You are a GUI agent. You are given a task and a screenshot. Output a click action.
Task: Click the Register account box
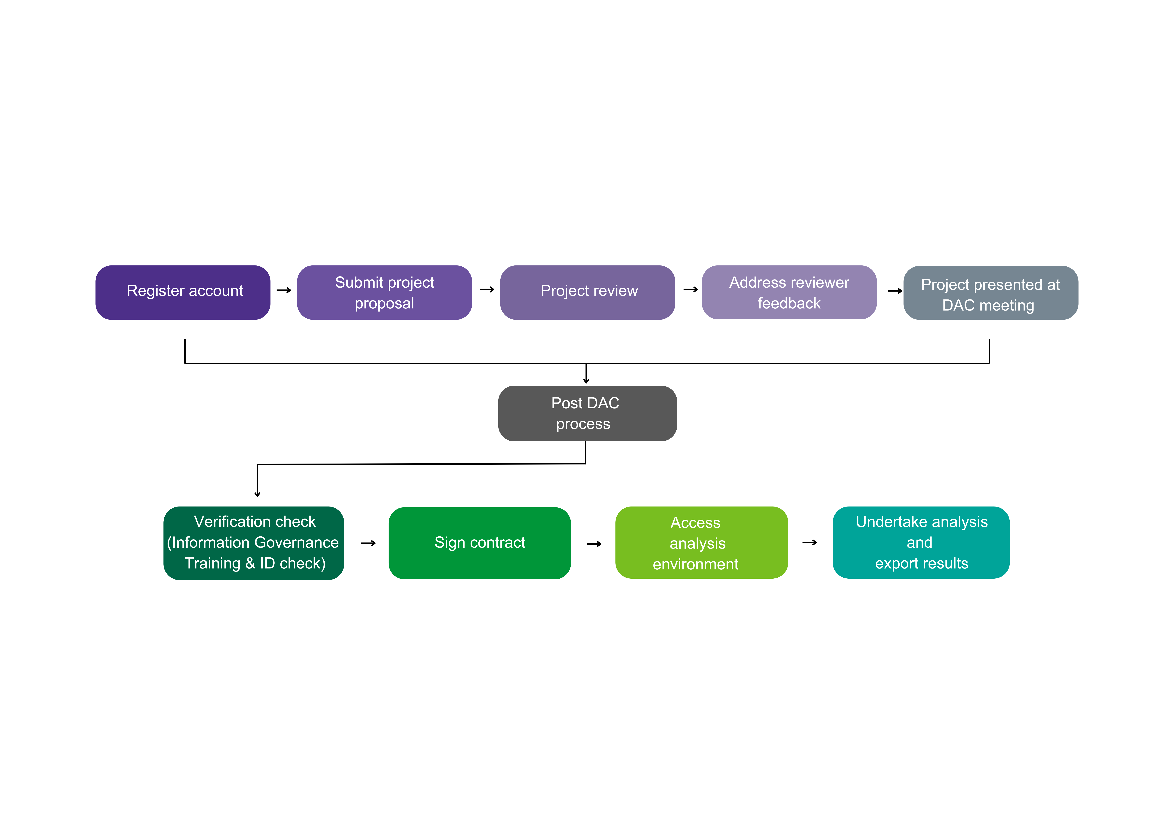click(x=183, y=292)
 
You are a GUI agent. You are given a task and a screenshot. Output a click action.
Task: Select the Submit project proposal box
click(x=384, y=292)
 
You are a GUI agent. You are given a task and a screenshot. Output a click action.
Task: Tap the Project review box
click(x=587, y=292)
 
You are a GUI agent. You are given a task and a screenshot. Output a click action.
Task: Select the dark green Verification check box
click(x=254, y=543)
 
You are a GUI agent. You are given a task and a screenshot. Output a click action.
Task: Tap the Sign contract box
click(x=479, y=543)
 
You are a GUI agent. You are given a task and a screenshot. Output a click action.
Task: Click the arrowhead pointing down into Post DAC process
click(x=586, y=379)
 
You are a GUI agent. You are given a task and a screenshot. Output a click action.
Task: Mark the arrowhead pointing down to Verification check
click(x=257, y=493)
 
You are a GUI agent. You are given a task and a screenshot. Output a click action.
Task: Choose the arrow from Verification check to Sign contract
click(x=368, y=543)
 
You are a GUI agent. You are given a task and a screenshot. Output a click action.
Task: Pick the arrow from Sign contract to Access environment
click(x=594, y=544)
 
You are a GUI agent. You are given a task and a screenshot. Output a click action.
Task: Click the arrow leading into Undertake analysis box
click(x=809, y=542)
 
